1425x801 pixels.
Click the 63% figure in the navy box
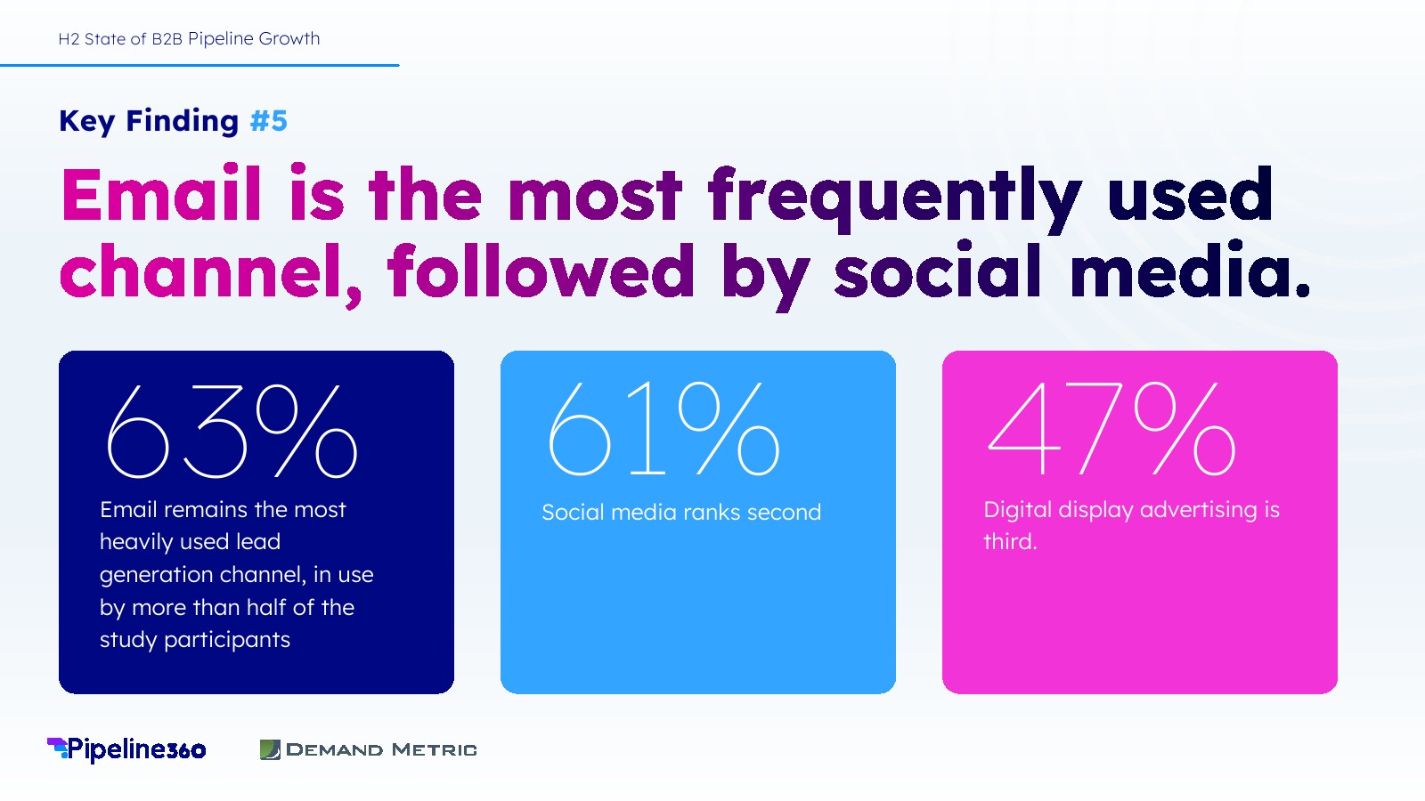pos(232,430)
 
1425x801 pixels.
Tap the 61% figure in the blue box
pos(664,428)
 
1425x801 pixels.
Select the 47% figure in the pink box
pos(1111,428)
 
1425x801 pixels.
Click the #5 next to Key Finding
pos(268,121)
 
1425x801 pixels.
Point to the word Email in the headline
pos(161,194)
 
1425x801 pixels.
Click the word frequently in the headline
pos(894,199)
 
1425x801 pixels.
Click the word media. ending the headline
pos(1190,270)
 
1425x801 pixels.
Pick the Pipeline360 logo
pos(126,749)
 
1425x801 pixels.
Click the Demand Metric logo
pos(369,749)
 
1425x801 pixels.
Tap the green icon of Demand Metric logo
pos(270,749)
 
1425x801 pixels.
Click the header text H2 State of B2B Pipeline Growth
pos(189,39)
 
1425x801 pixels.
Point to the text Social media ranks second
pos(681,512)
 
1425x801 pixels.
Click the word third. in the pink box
pos(1010,542)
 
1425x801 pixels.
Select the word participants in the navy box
pos(227,640)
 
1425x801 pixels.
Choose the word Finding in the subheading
pos(183,121)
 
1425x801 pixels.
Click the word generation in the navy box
pos(157,575)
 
